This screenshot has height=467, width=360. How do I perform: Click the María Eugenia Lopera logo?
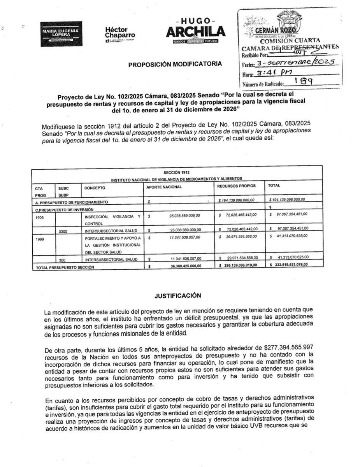pos(61,33)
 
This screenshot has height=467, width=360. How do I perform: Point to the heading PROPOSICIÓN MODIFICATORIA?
pos(176,64)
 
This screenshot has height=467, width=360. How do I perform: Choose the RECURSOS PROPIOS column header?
pos(236,186)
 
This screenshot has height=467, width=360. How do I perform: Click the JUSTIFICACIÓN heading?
pos(177,295)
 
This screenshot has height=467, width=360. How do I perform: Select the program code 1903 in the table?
pos(40,218)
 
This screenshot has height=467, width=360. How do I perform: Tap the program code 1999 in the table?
pos(40,239)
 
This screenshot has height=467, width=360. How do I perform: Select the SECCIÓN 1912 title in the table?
pos(177,172)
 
